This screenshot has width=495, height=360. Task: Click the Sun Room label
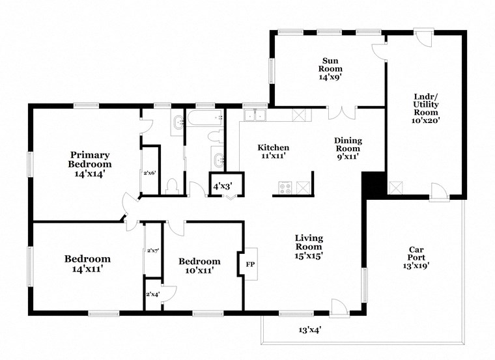click(330, 68)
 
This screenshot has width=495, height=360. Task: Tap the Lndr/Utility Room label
click(426, 108)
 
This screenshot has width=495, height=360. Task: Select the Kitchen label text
click(273, 152)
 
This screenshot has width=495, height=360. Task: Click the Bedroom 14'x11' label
click(87, 263)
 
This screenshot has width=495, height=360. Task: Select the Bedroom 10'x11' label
click(200, 266)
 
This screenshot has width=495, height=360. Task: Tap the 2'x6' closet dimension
click(150, 173)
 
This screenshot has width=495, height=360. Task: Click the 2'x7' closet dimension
click(153, 251)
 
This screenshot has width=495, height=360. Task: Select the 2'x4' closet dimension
click(153, 294)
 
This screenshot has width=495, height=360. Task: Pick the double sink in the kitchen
click(254, 115)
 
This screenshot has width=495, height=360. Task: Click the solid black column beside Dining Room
click(373, 184)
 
